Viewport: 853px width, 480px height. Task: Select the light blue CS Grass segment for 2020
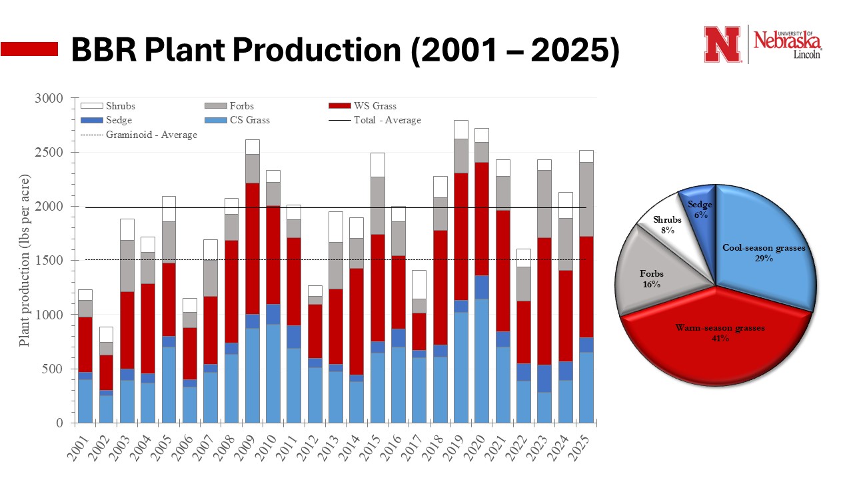[481, 361]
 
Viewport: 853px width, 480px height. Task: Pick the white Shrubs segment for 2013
[335, 227]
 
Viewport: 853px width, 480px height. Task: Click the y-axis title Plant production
[25, 261]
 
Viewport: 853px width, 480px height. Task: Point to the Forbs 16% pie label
[652, 279]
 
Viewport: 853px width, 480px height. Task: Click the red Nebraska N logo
[722, 44]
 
